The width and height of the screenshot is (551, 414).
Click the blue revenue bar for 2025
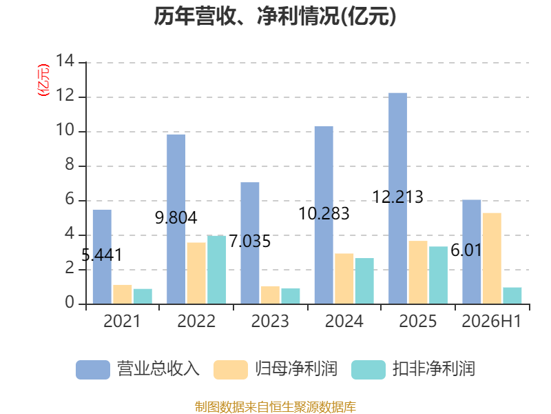(397, 198)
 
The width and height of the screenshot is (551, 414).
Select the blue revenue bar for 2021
(102, 257)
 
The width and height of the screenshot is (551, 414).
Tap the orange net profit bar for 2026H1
(492, 258)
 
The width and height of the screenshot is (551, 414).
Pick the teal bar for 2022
(216, 270)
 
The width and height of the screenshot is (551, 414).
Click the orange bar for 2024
(344, 279)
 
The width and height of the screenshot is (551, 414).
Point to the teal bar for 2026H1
(512, 296)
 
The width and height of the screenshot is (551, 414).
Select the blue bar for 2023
(250, 243)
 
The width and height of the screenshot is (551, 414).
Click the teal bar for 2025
(438, 275)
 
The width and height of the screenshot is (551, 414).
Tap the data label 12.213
(397, 197)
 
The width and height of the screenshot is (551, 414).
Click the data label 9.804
(176, 217)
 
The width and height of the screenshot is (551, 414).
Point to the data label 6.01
(466, 250)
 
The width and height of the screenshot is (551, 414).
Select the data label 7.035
(250, 241)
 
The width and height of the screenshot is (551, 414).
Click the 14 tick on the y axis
(65, 61)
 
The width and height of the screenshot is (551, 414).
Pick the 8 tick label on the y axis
(70, 165)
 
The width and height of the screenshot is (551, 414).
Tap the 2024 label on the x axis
(344, 321)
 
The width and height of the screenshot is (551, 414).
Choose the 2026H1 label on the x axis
(492, 321)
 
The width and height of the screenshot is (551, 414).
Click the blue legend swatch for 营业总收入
(93, 369)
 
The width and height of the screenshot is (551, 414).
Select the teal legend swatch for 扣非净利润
(368, 369)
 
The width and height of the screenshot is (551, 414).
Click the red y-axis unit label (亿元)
(43, 80)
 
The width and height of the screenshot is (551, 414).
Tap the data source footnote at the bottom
(275, 407)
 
